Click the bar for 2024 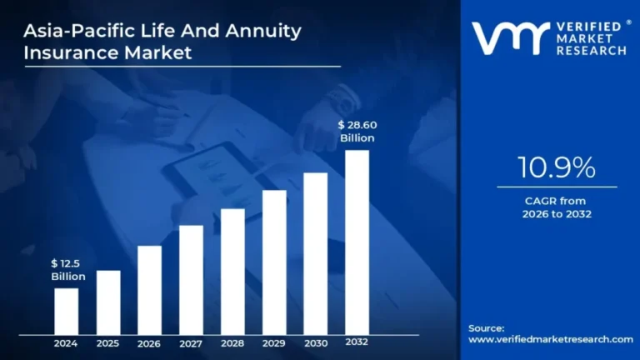click(67, 311)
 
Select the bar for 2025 click(108, 302)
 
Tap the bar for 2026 click(149, 289)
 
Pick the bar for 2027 click(191, 279)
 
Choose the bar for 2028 click(232, 271)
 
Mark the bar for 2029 click(274, 262)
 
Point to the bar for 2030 click(315, 253)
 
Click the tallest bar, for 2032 click(357, 242)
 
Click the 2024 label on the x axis click(67, 342)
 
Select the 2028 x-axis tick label click(232, 342)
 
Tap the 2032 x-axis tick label click(357, 342)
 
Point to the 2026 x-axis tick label click(149, 342)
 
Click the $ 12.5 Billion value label click(67, 270)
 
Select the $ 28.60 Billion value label click(357, 131)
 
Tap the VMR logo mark click(509, 38)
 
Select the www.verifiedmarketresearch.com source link click(550, 339)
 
